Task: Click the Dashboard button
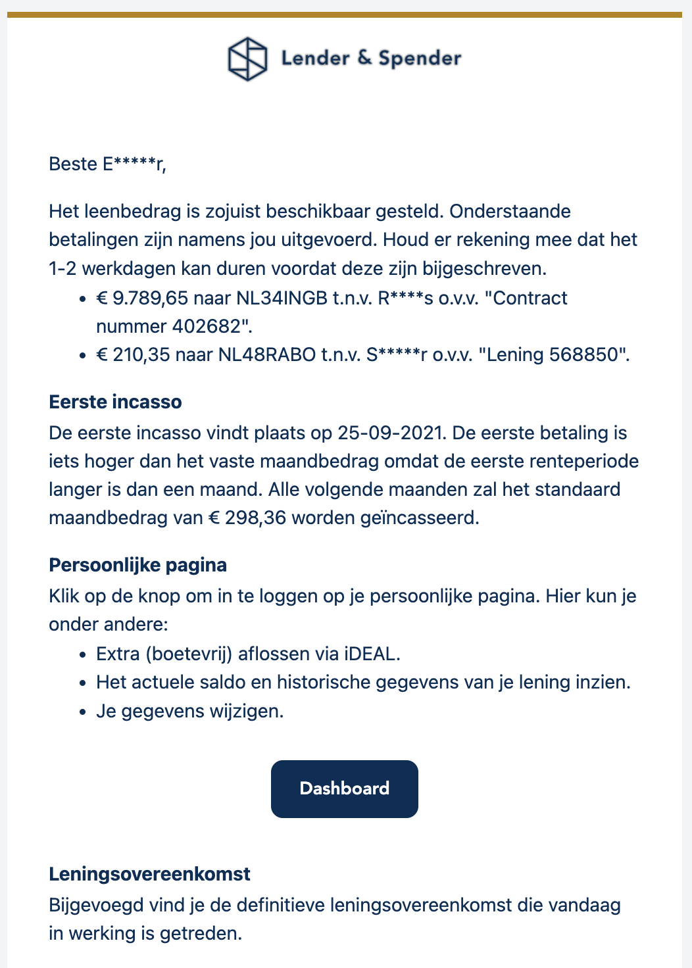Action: (344, 788)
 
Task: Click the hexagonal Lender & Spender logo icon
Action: (247, 59)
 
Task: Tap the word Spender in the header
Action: (420, 59)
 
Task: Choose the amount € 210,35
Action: (136, 354)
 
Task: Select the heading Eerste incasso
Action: (115, 402)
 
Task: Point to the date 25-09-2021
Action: (391, 433)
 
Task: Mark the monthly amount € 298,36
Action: (247, 518)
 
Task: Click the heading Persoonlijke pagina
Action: (137, 565)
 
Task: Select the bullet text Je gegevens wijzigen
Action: (189, 711)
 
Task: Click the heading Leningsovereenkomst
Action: (149, 874)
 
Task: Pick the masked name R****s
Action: (405, 298)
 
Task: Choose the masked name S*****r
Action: (397, 354)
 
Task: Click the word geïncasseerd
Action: (419, 518)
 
